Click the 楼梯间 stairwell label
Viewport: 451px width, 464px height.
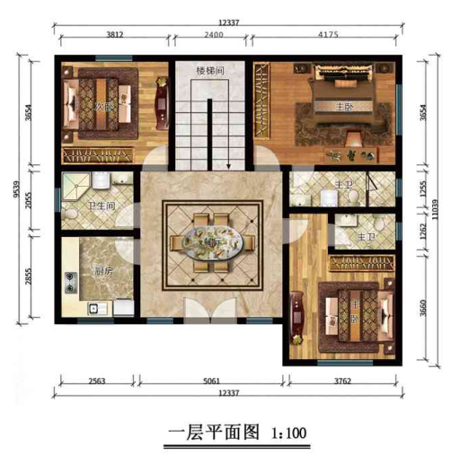(209, 69)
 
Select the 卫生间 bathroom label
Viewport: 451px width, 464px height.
(99, 206)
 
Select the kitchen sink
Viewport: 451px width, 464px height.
(93, 309)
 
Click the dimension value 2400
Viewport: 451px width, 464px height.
(214, 37)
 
